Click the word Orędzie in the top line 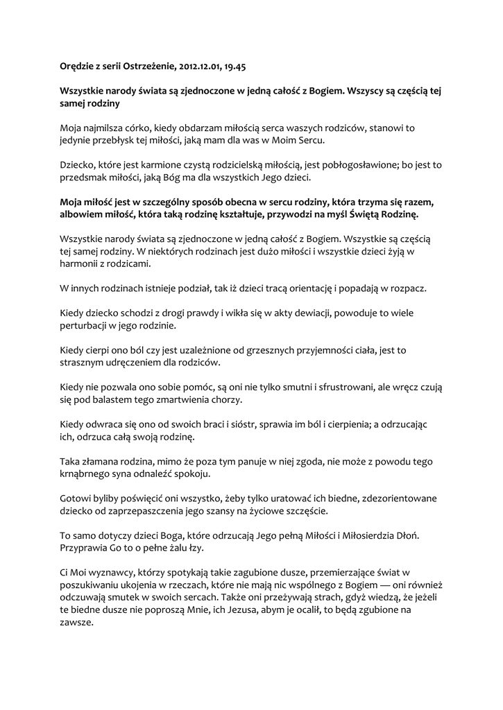pos(77,67)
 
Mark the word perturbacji pos(87,324)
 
